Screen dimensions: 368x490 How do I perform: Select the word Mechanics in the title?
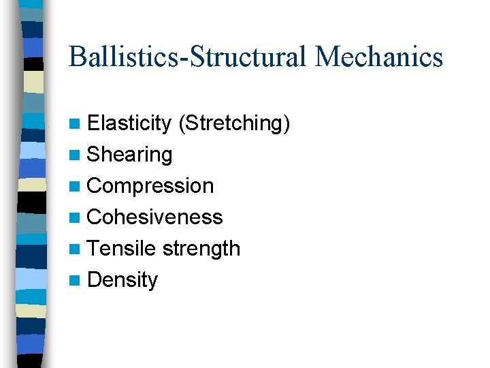(x=379, y=57)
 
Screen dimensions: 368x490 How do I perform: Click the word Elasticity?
(x=129, y=123)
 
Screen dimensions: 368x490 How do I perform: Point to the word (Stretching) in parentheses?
(x=234, y=123)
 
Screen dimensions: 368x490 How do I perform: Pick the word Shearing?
(x=130, y=155)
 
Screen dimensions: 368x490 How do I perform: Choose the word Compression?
(x=150, y=186)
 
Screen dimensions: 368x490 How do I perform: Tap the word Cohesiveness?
(x=155, y=217)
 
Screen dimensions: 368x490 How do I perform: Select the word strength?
(x=201, y=249)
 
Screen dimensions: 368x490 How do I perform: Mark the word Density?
(x=122, y=280)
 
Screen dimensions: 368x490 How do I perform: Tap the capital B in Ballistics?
(x=77, y=57)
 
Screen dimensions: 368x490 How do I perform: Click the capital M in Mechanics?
(x=328, y=57)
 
